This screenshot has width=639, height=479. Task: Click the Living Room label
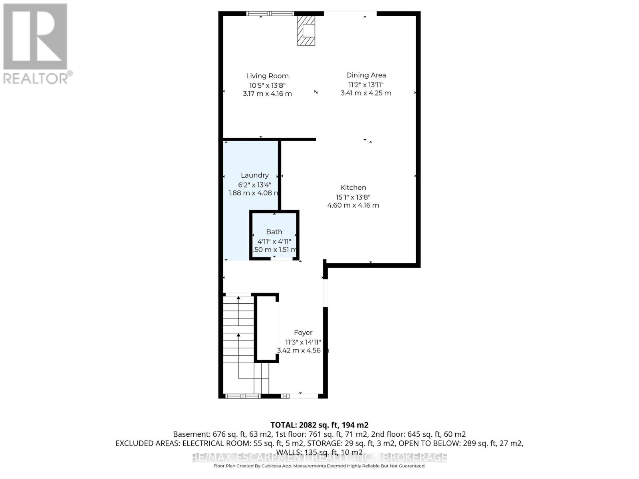coord(267,76)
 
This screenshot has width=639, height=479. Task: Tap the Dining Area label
coord(366,75)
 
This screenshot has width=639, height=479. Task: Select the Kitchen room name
coord(353,188)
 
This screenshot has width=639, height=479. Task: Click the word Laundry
coord(254,175)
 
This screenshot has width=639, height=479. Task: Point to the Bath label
coord(274,232)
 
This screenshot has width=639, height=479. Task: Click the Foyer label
coord(303,333)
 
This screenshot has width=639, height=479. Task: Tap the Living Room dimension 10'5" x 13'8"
coord(267,85)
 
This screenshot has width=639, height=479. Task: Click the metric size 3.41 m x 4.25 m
coord(366,93)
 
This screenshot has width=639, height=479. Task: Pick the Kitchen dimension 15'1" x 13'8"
coord(353,197)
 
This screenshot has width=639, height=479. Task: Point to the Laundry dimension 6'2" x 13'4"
coord(254,185)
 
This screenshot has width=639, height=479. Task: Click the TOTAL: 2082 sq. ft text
coord(319,425)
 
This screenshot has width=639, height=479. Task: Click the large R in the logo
coord(35,37)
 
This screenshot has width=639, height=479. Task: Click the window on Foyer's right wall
coord(325,293)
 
